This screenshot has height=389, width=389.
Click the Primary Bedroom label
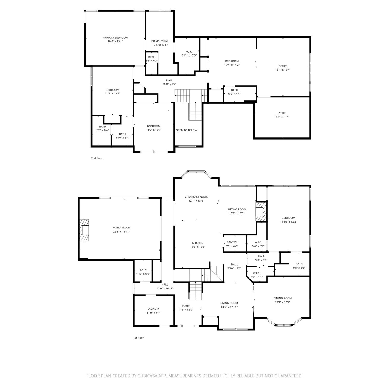click(x=115, y=38)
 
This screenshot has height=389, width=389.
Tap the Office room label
click(x=283, y=66)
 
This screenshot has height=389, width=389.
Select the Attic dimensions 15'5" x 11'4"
click(x=282, y=117)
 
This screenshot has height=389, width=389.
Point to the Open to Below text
click(x=186, y=130)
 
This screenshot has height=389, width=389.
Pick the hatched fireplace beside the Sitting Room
click(x=261, y=212)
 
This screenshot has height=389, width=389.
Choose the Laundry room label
click(x=154, y=309)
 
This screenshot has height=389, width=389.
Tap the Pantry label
click(x=232, y=242)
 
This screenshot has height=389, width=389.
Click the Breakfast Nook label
click(x=196, y=197)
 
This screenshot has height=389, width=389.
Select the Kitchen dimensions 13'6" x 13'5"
click(x=198, y=247)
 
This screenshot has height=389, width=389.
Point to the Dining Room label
click(x=282, y=298)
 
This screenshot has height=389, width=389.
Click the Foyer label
click(x=186, y=306)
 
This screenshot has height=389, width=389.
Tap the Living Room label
click(x=229, y=303)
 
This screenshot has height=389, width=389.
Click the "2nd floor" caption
click(x=97, y=158)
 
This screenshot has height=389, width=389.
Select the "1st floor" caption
click(x=138, y=338)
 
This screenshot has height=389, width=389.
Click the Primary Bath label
click(x=161, y=41)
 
